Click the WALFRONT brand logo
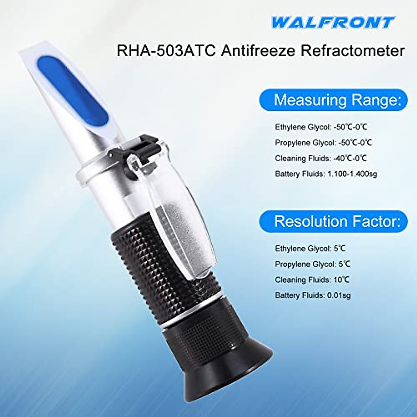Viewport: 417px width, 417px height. coord(333,23)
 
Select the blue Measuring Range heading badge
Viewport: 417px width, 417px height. coord(334,100)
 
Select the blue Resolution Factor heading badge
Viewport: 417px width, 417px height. coord(334,221)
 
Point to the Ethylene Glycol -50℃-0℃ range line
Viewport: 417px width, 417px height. coord(321,127)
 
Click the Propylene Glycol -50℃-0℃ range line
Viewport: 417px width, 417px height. coord(323,142)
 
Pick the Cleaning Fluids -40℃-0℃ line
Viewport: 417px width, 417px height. coord(321,158)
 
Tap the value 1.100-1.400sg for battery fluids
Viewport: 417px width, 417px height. coord(352,174)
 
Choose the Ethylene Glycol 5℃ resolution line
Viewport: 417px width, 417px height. coord(310,248)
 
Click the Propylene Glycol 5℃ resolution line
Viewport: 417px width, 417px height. coord(312,264)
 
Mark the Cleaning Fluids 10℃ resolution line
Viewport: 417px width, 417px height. coord(312,280)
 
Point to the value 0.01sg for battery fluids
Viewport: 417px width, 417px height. coord(338,295)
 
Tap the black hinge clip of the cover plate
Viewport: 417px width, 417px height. coord(142,150)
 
